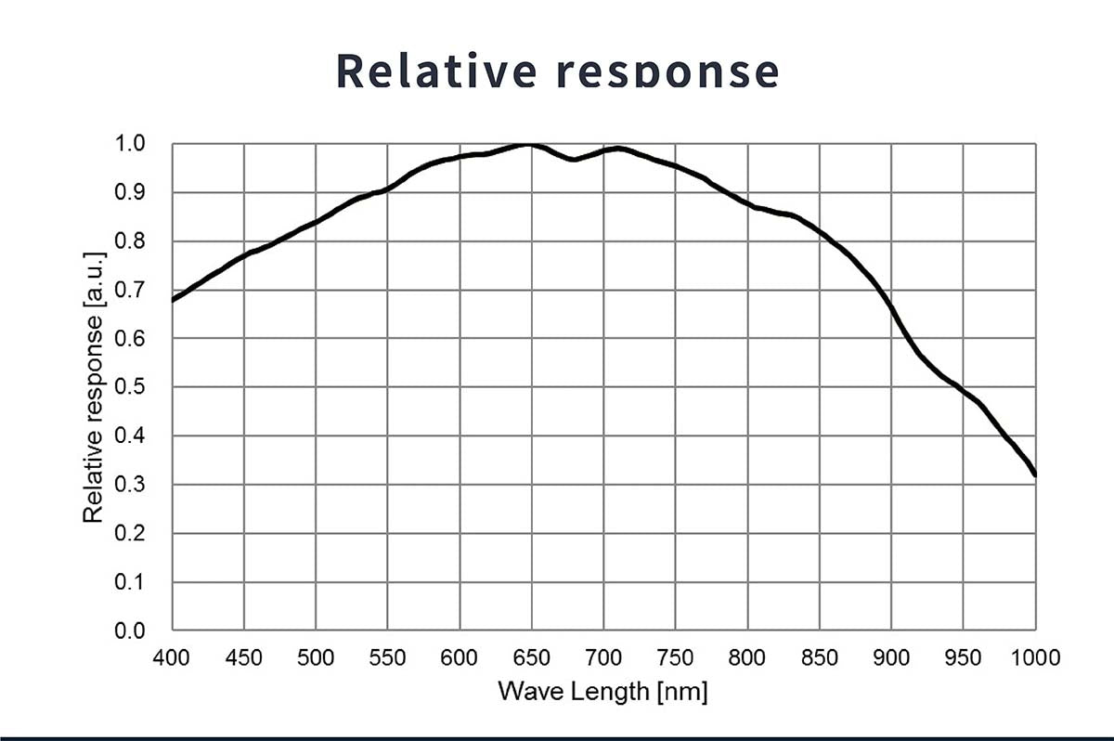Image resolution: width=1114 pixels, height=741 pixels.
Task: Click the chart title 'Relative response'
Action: point(557,70)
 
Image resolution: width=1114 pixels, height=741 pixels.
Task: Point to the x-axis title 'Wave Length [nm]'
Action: point(602,691)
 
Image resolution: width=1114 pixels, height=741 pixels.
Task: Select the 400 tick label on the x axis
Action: point(172,657)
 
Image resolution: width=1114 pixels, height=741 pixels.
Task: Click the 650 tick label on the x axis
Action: point(531,657)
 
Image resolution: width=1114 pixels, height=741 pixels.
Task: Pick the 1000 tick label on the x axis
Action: point(1033,657)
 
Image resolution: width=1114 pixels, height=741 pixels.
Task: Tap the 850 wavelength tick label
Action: point(819,657)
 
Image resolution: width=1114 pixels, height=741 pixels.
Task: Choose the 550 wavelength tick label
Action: point(387,657)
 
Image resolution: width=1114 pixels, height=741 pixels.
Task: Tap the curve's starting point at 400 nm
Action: point(174,300)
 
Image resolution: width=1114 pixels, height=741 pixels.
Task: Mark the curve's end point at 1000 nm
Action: point(1034,474)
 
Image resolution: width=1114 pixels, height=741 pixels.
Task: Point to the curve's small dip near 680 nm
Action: point(574,159)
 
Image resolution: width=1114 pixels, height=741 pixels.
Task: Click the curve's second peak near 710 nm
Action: point(617,149)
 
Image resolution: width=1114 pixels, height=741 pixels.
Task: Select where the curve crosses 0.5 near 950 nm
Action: point(962,388)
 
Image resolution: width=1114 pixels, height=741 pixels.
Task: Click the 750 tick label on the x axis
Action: point(675,657)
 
